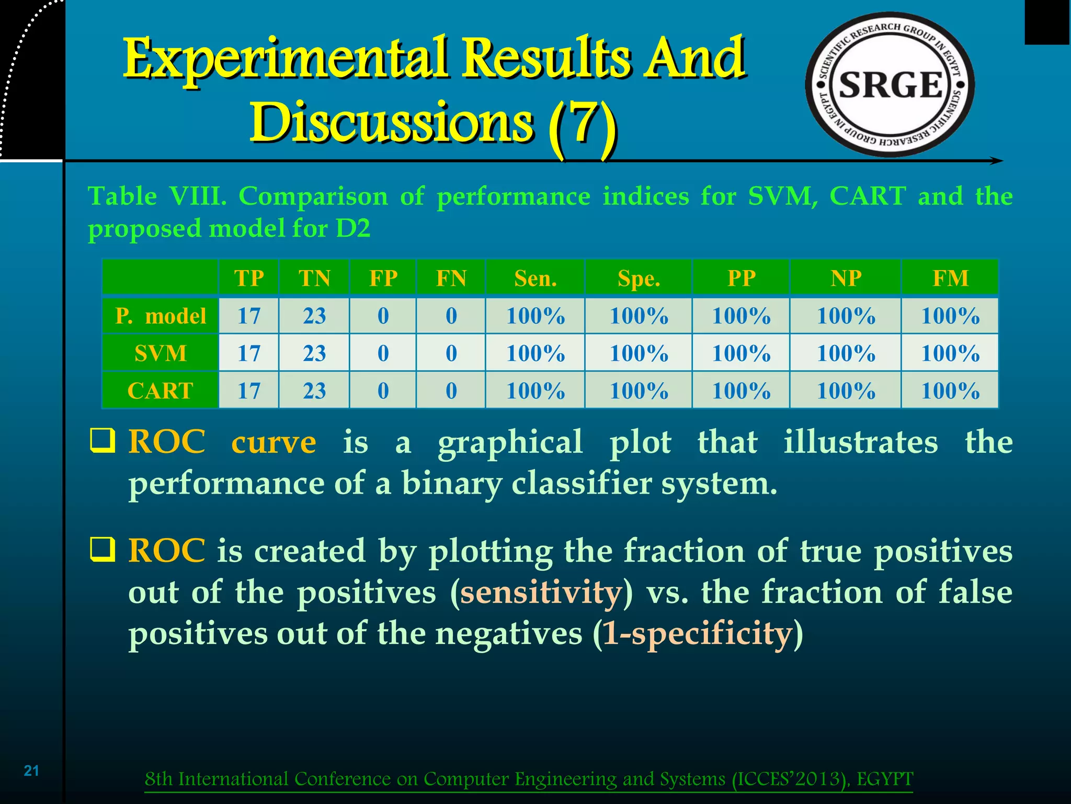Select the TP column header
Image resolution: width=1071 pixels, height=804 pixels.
point(249,278)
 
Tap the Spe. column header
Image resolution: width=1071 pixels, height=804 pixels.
point(639,278)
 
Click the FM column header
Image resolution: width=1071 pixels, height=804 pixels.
point(950,278)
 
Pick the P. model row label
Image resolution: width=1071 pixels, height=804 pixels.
point(161,316)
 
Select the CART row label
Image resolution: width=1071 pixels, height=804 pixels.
point(161,390)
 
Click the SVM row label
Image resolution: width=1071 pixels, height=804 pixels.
point(161,353)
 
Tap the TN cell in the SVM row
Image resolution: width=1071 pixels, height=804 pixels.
point(314,353)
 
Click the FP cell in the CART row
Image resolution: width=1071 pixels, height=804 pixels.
point(383,390)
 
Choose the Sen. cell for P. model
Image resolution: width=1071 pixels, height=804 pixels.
point(535,316)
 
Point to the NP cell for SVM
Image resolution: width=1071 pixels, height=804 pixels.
point(846,353)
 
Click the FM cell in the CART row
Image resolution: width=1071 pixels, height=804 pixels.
point(950,390)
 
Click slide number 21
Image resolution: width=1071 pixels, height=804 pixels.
point(31,770)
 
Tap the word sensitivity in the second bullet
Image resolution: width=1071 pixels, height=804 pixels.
point(541,593)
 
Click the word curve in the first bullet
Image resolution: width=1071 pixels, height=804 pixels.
point(274,442)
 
